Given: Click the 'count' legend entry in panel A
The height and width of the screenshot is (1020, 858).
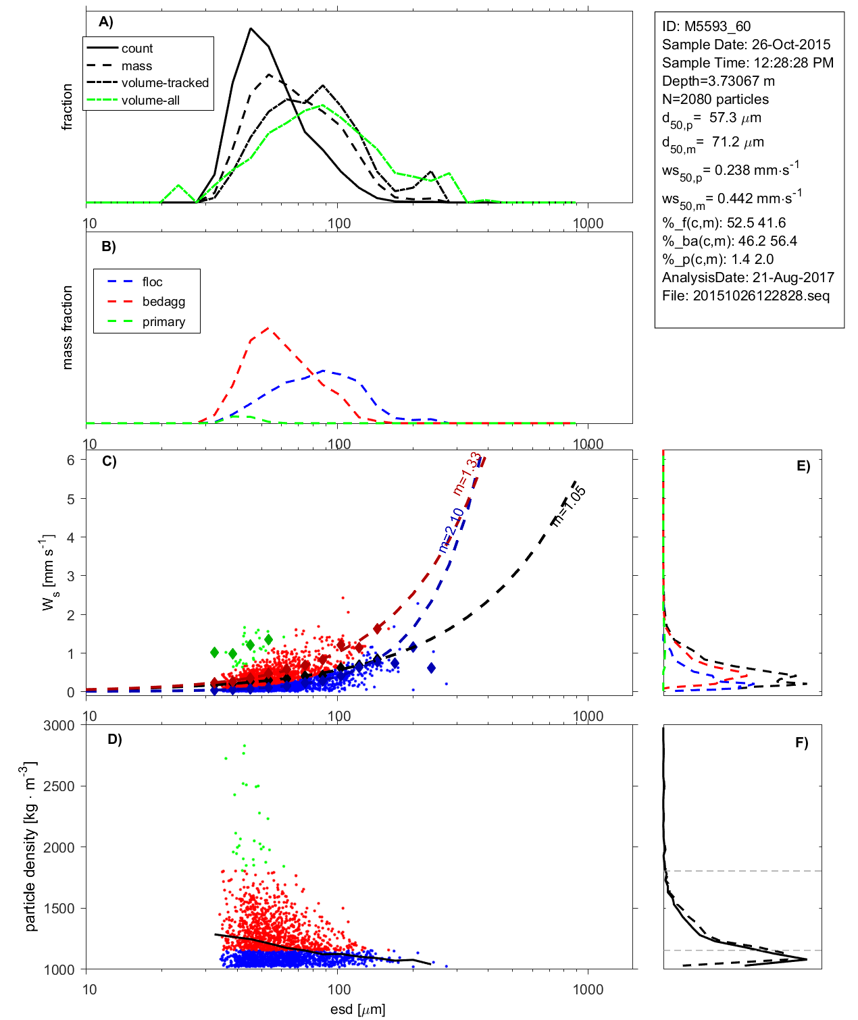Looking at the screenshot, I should tap(137, 49).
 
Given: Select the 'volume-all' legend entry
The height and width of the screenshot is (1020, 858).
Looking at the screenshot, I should tap(150, 101).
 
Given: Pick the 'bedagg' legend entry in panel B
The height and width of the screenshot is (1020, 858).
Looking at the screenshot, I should tap(163, 302).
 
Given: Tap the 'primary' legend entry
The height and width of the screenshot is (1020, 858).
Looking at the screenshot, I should tap(163, 322).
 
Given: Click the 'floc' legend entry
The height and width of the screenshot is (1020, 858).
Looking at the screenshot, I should tap(152, 282).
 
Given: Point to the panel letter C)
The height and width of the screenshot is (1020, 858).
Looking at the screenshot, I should tap(109, 462).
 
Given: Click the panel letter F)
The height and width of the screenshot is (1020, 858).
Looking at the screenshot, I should tap(801, 743).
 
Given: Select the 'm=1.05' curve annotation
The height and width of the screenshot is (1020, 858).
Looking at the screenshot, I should tap(569, 505).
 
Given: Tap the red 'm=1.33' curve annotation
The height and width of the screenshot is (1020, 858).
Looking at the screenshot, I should tap(467, 473).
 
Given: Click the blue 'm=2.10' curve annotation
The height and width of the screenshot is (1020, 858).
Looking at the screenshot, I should tap(451, 531).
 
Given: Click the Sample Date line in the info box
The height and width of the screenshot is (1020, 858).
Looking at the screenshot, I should tap(746, 45).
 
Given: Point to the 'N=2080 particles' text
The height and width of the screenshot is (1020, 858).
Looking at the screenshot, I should tap(715, 99).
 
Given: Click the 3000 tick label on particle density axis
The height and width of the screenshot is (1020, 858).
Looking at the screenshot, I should tap(59, 726).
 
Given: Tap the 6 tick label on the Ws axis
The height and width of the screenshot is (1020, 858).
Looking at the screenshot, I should tap(70, 460).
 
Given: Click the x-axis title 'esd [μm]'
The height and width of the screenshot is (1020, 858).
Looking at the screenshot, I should tap(357, 1010).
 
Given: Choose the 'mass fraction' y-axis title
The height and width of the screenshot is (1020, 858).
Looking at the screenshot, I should tap(67, 327).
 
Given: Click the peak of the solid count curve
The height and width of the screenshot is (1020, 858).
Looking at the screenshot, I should tap(251, 28).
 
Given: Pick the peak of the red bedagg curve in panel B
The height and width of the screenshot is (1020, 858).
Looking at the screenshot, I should tap(269, 328).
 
